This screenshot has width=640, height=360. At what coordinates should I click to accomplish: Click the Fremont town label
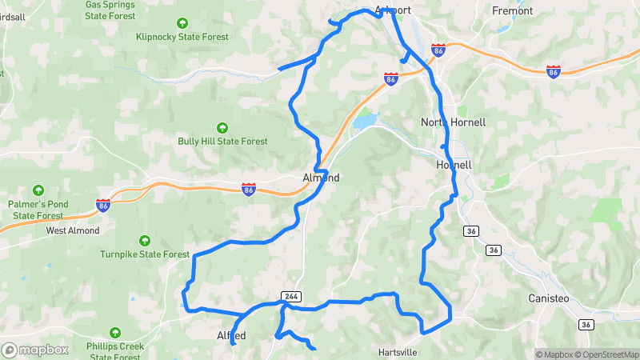pos(513,10)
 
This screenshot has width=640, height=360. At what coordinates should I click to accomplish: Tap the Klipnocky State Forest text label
pos(182,37)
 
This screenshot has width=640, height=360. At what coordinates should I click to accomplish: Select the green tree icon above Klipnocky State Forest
pos(182,23)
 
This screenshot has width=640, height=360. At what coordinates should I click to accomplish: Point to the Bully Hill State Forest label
pos(222,142)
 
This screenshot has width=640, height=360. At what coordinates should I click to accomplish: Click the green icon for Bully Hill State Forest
pos(222,127)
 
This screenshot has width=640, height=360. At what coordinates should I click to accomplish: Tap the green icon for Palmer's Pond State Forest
pos(38,190)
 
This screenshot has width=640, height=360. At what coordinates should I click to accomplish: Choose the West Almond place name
pos(73,230)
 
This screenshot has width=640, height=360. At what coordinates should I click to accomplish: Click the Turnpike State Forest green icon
pos(145,240)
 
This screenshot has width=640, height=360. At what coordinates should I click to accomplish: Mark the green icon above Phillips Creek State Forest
pos(115,331)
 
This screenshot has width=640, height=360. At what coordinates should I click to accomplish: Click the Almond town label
pos(322,178)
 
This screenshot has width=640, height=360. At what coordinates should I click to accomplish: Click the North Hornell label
pos(453,122)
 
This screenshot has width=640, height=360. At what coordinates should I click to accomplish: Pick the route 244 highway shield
pos(291,296)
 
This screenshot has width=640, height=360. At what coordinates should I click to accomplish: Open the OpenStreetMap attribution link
pos(604,354)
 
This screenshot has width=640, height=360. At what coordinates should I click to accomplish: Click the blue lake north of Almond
pos(366,121)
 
